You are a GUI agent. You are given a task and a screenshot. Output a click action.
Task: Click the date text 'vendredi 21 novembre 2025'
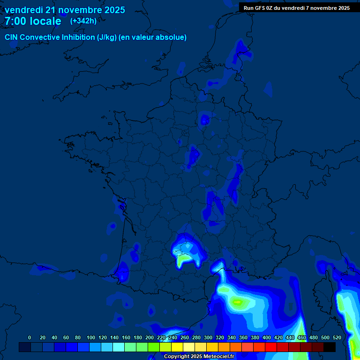65,10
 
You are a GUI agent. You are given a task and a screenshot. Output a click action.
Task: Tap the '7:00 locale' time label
33,21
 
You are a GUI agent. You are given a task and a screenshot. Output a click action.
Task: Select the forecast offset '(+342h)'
83,21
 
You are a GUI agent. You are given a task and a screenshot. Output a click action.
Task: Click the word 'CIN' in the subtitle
11,37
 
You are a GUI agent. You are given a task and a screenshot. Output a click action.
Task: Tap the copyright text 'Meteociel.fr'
218,357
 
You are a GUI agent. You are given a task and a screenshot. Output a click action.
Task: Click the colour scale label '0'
30,337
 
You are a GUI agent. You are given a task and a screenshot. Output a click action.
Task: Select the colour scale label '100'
91,337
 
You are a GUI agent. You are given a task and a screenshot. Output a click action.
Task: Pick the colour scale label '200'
150,337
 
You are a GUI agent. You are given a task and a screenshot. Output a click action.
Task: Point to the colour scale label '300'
208,337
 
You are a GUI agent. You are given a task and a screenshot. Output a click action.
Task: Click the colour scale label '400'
267,337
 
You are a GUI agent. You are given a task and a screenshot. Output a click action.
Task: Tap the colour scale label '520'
337,337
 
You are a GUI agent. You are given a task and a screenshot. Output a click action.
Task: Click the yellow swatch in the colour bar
177,347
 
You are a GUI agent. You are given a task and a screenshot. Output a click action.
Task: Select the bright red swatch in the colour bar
271,347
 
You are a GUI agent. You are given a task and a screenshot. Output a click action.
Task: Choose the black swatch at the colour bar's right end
330,347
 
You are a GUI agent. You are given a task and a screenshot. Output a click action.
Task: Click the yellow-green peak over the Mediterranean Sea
238,302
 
